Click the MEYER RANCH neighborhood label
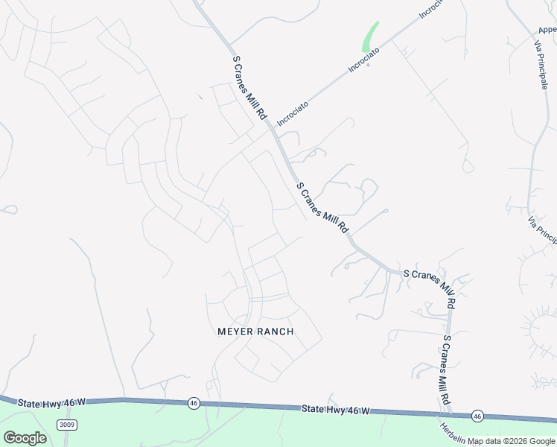tap(255, 332)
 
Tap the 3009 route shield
tap(67, 424)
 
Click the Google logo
tap(25, 438)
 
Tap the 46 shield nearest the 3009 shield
tap(194, 402)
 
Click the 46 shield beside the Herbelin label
tap(477, 416)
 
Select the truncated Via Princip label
tap(543, 230)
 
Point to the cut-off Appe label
tap(547, 30)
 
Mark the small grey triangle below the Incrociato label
tap(369, 63)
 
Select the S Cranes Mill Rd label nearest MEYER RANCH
tap(322, 208)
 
